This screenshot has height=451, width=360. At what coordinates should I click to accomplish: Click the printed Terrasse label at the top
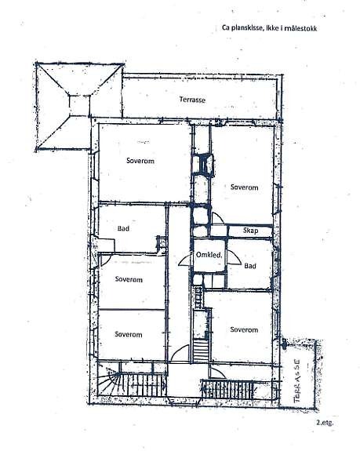[193, 100]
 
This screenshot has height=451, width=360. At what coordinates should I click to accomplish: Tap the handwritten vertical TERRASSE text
[298, 380]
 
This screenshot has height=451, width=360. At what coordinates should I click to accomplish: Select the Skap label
[251, 231]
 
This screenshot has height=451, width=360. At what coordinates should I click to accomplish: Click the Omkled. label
[210, 255]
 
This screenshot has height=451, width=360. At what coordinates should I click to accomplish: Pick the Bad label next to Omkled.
[250, 267]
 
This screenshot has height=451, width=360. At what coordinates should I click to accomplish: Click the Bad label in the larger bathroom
[123, 229]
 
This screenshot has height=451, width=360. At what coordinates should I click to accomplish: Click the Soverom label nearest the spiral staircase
[128, 334]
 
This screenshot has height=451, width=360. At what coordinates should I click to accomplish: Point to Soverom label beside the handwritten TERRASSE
[244, 329]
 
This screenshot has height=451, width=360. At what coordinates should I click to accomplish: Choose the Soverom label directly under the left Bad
[128, 278]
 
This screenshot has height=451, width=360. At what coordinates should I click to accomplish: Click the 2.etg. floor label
[325, 424]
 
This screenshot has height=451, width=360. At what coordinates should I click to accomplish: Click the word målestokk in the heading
[307, 28]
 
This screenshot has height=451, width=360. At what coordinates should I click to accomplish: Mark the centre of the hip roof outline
[77, 100]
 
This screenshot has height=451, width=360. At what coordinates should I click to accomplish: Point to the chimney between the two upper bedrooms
[205, 165]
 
